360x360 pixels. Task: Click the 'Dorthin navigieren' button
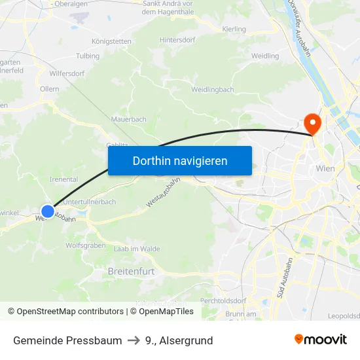pyautogui.click(x=180, y=160)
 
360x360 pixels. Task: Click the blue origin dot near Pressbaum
pyautogui.click(x=48, y=211)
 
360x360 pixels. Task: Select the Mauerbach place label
pyautogui.click(x=128, y=120)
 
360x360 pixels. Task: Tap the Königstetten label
pyautogui.click(x=111, y=41)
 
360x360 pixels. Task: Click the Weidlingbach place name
pyautogui.click(x=212, y=89)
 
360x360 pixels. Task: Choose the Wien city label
pyautogui.click(x=325, y=168)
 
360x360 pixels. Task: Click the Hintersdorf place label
pyautogui.click(x=178, y=39)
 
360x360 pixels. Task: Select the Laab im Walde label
pyautogui.click(x=136, y=249)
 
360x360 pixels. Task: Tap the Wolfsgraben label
pyautogui.click(x=86, y=245)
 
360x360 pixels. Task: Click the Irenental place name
pyautogui.click(x=64, y=179)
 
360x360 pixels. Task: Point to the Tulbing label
pyautogui.click(x=88, y=56)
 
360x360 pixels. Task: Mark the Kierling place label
pyautogui.click(x=234, y=29)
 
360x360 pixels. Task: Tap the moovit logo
pyautogui.click(x=320, y=339)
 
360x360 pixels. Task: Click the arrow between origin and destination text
pyautogui.click(x=134, y=340)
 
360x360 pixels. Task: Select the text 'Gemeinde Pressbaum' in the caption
pyautogui.click(x=67, y=340)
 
